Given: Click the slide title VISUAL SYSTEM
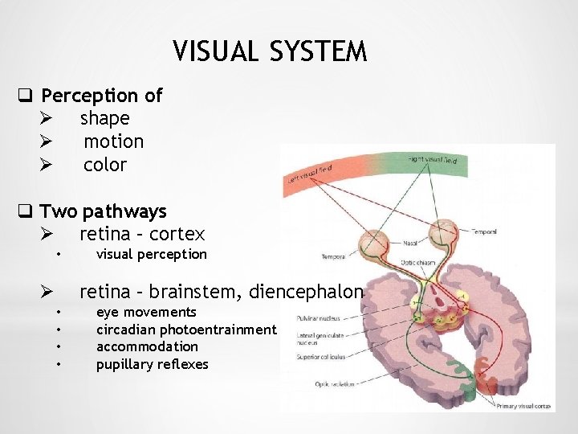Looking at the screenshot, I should tap(270, 52).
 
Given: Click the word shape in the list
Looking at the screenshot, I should tap(104, 118).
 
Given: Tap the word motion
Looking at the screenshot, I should tap(114, 141).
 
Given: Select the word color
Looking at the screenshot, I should tap(105, 165).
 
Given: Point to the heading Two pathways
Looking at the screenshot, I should tap(103, 211).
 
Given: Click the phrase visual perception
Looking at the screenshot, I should tap(151, 254).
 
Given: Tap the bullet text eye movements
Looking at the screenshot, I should tap(146, 312).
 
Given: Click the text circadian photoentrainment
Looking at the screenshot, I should tap(186, 330).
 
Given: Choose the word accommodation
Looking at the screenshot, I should tap(147, 346).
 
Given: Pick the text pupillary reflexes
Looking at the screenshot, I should tap(152, 364).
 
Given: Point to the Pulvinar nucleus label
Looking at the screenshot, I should tap(315, 318).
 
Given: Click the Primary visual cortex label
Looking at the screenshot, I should tap(523, 407).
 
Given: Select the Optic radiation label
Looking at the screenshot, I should tap(312, 383).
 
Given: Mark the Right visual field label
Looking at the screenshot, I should tap(433, 160).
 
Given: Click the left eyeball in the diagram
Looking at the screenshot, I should tap(375, 243).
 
